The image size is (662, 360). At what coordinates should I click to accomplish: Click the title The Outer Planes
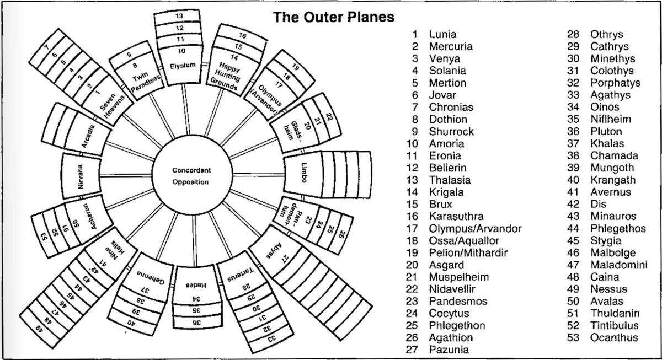click(x=334, y=17)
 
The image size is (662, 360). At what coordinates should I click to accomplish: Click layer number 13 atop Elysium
click(x=179, y=17)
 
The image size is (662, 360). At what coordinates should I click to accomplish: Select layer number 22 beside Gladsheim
click(x=329, y=117)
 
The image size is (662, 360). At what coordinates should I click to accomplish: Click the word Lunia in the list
click(x=443, y=34)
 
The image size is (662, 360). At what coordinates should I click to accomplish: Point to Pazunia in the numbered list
click(x=449, y=350)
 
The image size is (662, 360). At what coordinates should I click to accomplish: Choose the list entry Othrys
click(x=606, y=34)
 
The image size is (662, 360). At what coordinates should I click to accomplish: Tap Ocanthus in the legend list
click(x=614, y=337)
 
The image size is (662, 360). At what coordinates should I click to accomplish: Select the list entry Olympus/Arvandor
click(x=475, y=228)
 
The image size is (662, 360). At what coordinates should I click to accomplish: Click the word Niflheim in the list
click(x=611, y=119)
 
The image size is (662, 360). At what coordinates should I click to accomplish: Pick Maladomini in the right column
click(x=618, y=265)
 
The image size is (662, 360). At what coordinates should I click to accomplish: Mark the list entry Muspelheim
click(x=459, y=277)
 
